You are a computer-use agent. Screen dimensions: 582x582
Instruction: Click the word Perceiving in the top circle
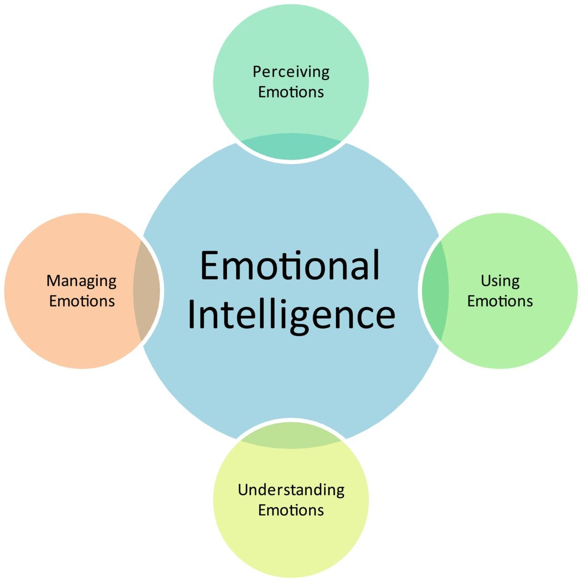click(291, 72)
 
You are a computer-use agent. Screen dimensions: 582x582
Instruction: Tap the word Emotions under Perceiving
click(291, 92)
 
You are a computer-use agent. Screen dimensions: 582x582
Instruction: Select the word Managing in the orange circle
click(81, 281)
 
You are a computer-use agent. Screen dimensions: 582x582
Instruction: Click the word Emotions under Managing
click(82, 301)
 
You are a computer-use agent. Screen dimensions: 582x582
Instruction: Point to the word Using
click(500, 281)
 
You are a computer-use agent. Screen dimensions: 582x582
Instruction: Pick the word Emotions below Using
click(500, 301)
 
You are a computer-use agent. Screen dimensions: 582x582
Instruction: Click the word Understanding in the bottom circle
click(291, 490)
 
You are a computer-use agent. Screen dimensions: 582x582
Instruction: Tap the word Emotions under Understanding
click(291, 510)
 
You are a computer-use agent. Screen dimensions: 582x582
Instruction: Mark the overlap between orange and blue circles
click(146, 291)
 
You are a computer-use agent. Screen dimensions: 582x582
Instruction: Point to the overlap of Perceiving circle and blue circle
click(291, 146)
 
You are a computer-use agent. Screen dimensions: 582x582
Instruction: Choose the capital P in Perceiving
click(257, 72)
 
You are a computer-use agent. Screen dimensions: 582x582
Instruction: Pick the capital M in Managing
click(54, 281)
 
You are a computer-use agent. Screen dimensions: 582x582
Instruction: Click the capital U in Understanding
click(243, 490)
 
